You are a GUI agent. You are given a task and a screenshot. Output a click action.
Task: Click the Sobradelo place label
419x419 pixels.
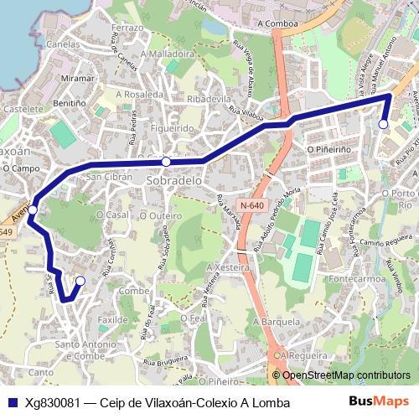pyautogui.click(x=174, y=180)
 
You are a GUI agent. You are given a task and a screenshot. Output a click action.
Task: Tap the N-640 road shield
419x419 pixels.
pyautogui.click(x=250, y=204)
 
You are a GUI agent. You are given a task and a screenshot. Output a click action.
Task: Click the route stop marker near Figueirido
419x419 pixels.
pyautogui.click(x=167, y=161)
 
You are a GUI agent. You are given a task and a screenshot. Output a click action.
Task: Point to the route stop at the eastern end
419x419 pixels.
pyautogui.click(x=383, y=124)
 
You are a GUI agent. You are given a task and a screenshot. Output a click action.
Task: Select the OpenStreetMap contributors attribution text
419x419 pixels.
pyautogui.click(x=345, y=375)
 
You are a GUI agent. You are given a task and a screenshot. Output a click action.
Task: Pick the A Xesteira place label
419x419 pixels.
pyautogui.click(x=228, y=266)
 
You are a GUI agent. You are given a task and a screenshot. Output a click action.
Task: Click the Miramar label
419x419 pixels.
pyautogui.click(x=78, y=78)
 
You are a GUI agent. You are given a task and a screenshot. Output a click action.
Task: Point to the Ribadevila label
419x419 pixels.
pyautogui.click(x=209, y=99)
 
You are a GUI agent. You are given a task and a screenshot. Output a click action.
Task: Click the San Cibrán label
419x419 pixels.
pyautogui.click(x=105, y=177)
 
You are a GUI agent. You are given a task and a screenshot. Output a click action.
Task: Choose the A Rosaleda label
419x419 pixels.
pyautogui.click(x=140, y=95)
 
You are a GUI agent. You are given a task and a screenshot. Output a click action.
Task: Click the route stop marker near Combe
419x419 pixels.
pyautogui.click(x=80, y=281)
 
